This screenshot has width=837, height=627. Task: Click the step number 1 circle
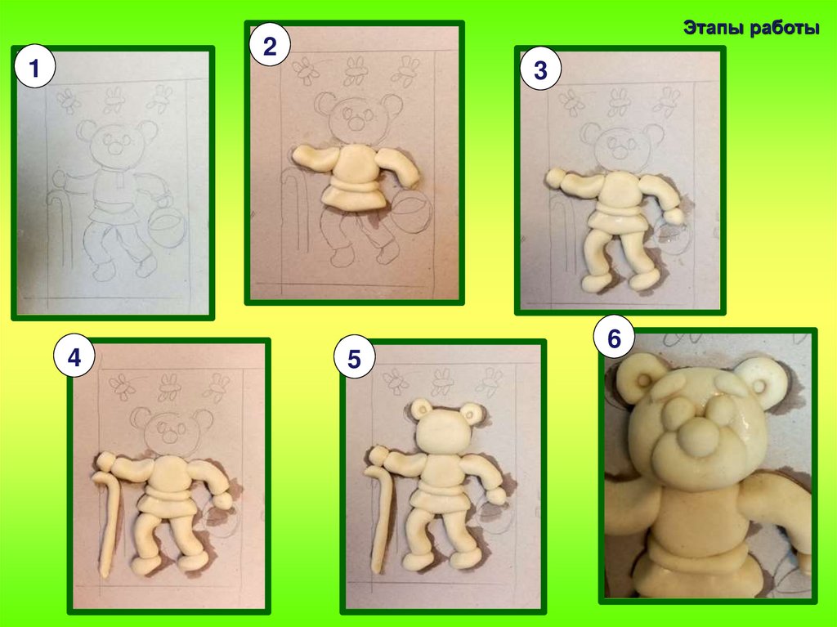pos(34,68)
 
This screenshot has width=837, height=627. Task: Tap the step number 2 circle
pos(270,46)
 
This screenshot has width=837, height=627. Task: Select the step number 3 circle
pos(540,70)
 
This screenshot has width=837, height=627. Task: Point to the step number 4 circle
pos(74,356)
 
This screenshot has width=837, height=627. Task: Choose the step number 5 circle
pos(355,358)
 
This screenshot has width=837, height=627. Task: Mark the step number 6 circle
pos(614,338)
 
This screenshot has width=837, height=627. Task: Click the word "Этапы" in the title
pos(714,28)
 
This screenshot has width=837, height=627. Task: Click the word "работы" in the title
pos(784,29)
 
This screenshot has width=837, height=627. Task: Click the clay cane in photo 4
pos(109,521)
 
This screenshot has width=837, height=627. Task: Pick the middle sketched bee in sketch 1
pos(114,101)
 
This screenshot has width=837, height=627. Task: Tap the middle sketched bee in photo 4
pos(168,387)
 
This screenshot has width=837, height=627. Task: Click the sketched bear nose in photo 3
pos(620,152)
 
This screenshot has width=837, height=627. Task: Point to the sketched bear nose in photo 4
pos(170,437)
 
